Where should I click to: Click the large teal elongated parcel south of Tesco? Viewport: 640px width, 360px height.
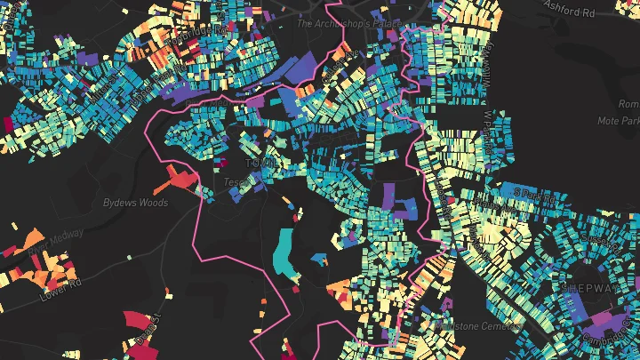coord(285,252)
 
